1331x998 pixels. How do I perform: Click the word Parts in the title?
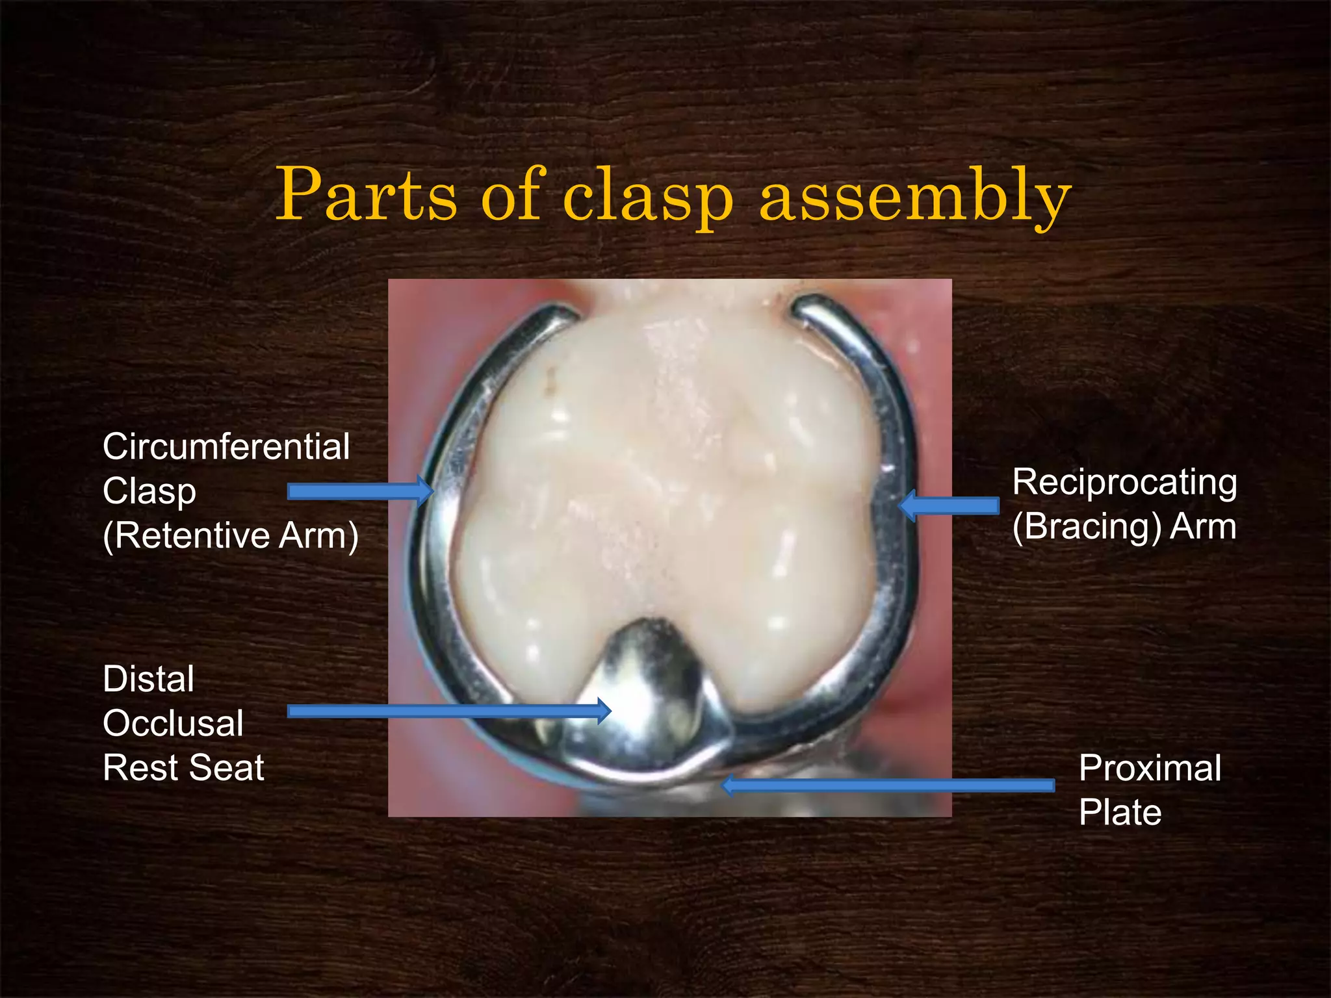click(367, 195)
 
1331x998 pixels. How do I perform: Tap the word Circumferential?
click(226, 447)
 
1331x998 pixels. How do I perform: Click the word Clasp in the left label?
click(149, 491)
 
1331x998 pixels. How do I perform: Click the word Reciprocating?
click(1124, 483)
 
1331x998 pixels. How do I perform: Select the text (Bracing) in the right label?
click(1087, 526)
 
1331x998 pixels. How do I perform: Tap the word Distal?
click(148, 680)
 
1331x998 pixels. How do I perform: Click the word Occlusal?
click(173, 724)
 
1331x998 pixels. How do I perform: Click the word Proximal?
click(1150, 769)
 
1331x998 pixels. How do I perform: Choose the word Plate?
click(1120, 813)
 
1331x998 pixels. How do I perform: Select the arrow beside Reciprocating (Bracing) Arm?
click(950, 505)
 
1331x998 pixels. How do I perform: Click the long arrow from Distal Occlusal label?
click(448, 711)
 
